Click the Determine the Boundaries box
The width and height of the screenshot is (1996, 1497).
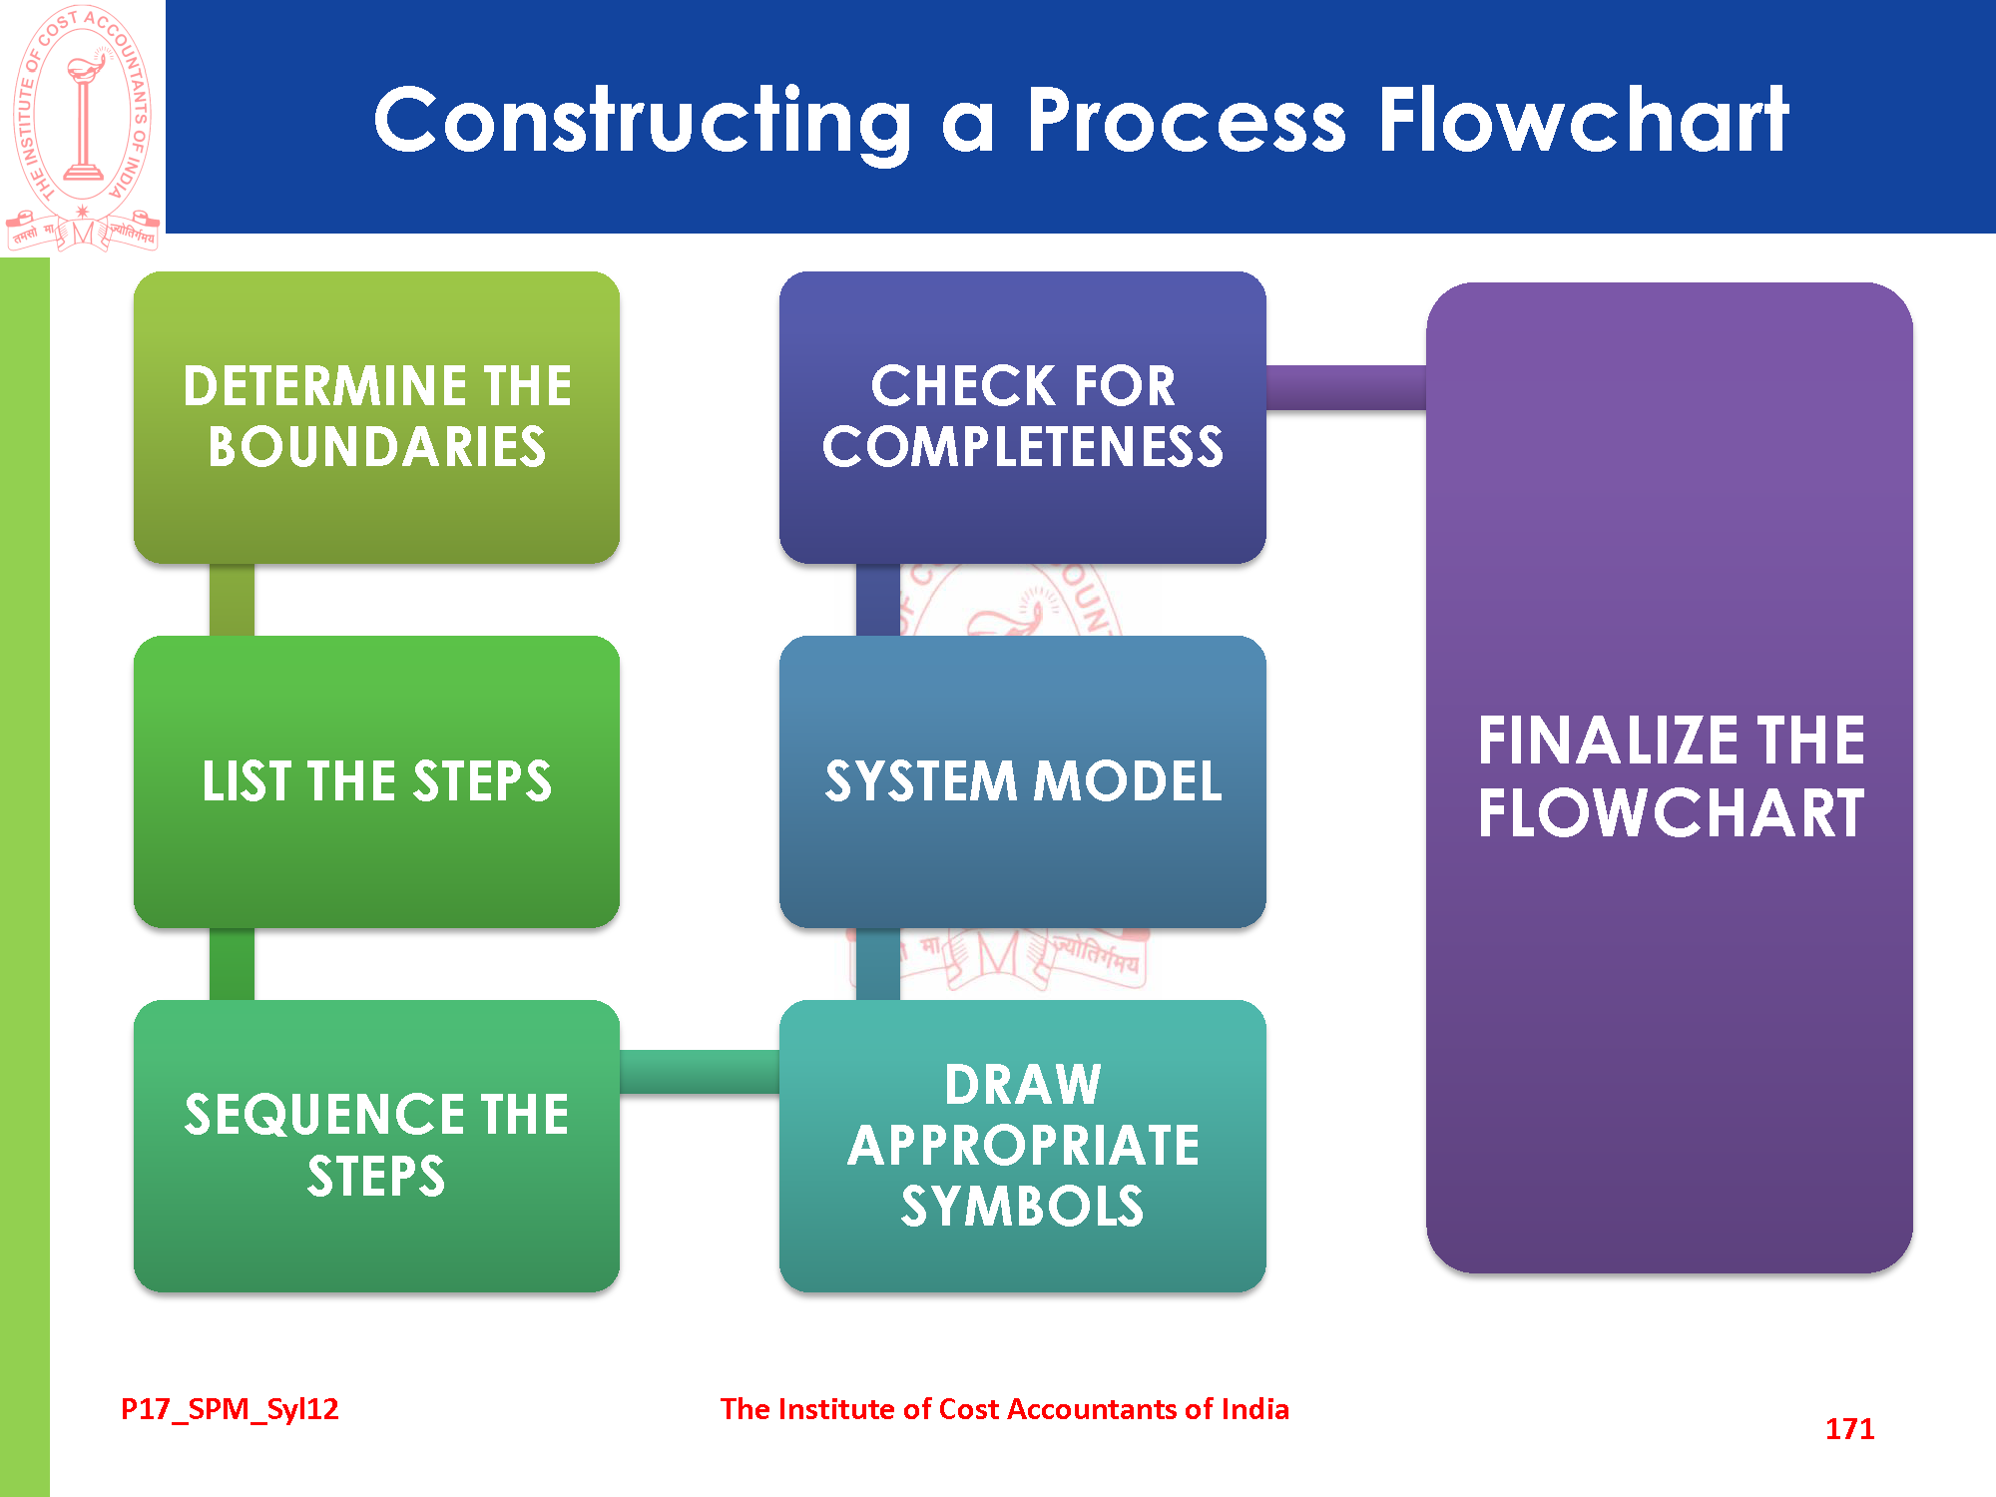376,416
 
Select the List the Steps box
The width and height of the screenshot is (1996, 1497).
376,780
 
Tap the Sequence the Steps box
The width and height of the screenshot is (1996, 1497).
376,1145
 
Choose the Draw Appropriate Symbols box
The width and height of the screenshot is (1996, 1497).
1022,1145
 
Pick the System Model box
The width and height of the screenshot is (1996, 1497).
1022,780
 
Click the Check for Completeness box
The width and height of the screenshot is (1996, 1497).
1022,416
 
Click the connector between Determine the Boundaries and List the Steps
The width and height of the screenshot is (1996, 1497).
232,600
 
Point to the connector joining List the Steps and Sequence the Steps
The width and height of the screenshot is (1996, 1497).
232,964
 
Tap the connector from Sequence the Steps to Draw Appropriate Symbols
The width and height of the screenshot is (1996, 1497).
699,1072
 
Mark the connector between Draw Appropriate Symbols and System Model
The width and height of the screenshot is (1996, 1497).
878,964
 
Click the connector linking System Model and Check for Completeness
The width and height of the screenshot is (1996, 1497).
878,600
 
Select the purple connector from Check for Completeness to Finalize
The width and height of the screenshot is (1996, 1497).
1345,387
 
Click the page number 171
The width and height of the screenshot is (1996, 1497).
1849,1429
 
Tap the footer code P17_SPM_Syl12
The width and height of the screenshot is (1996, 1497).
230,1409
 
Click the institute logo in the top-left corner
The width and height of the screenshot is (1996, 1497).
83,127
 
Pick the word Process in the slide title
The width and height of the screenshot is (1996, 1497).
1187,122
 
